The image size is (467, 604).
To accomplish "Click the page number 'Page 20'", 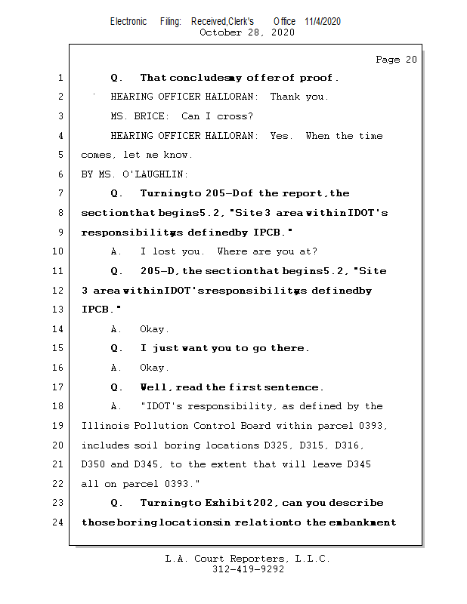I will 396,60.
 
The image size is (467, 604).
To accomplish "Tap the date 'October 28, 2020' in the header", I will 247,32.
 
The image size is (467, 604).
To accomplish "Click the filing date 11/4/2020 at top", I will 323,21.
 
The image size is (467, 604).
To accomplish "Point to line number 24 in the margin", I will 59,522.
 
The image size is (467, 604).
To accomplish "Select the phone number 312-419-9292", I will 247,570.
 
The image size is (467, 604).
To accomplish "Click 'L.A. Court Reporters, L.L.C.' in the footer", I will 247,559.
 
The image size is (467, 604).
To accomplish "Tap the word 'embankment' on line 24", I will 363,522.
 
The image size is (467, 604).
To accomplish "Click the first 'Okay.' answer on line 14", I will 155,329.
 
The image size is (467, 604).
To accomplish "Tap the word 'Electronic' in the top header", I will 128,21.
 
